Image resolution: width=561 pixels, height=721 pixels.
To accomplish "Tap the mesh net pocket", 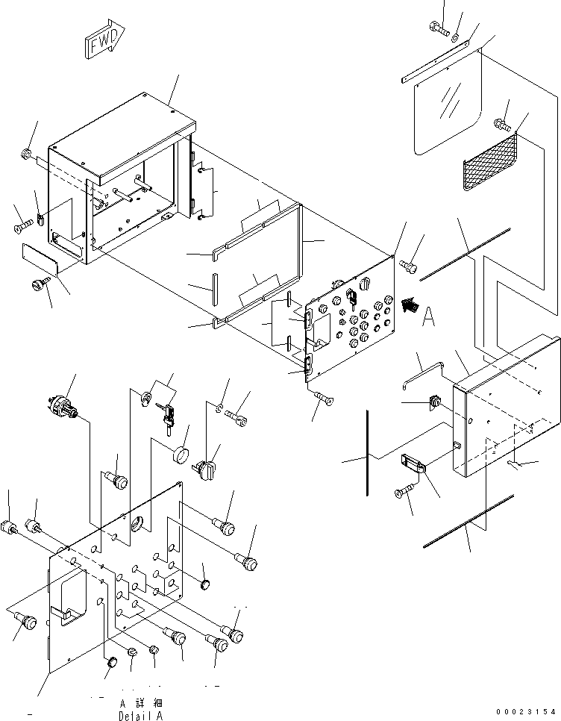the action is click(x=490, y=160).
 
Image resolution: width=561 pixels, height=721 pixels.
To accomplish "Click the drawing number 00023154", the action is click(x=526, y=712).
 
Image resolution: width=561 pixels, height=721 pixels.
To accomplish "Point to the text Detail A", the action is click(x=140, y=716).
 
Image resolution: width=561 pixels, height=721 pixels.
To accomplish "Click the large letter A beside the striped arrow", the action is click(x=429, y=317).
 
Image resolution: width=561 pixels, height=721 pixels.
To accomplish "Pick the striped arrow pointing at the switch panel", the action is click(x=410, y=305).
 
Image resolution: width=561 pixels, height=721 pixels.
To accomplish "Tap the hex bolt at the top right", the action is click(x=439, y=28).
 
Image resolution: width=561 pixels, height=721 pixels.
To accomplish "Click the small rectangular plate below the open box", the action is click(x=40, y=260).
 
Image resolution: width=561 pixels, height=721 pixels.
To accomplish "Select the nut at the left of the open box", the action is click(x=25, y=154).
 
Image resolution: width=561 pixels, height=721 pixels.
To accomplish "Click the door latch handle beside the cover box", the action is click(x=414, y=463).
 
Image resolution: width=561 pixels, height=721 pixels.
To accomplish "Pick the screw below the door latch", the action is click(x=404, y=491).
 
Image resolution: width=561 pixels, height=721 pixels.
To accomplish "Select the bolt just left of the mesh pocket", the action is click(x=502, y=122).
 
